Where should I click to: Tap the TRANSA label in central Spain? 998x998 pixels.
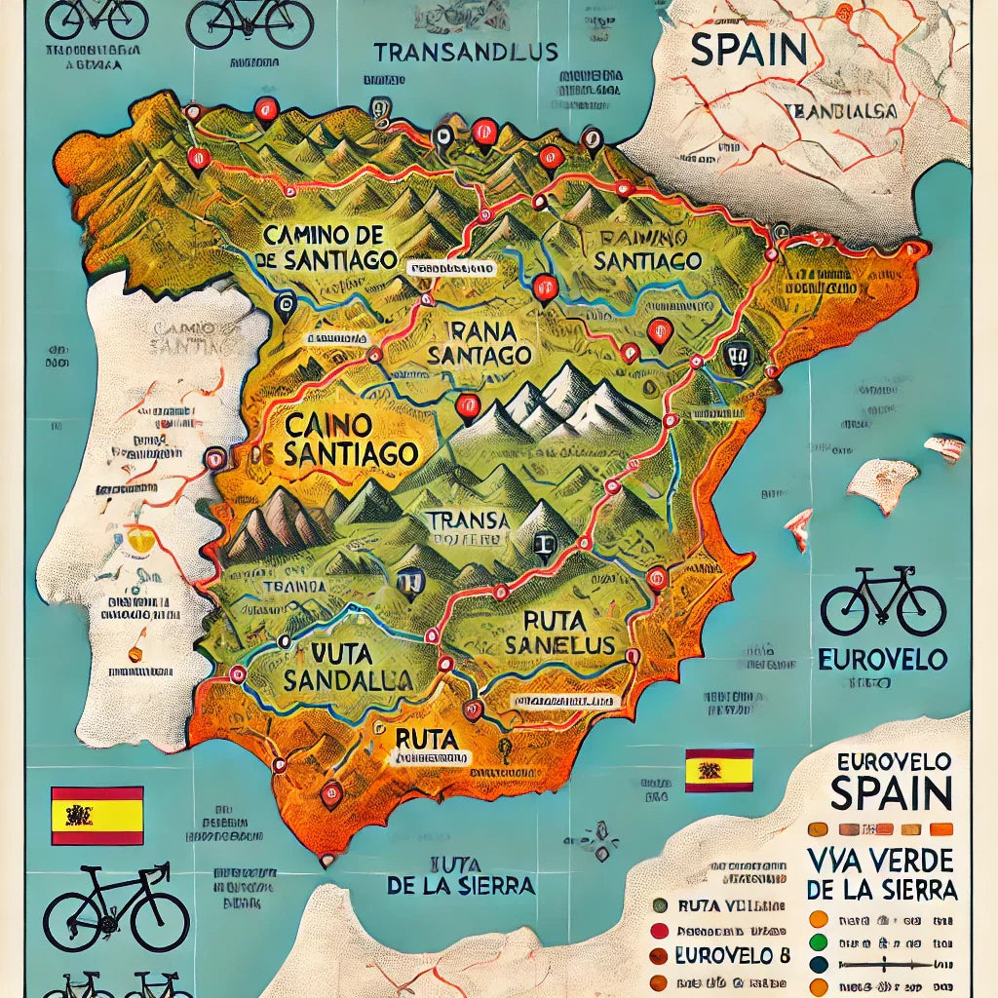pos(469,521)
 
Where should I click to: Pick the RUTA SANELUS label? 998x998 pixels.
pos(559,632)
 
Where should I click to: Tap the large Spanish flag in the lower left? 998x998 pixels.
pos(96,815)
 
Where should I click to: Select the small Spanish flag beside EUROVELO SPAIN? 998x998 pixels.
pos(719,770)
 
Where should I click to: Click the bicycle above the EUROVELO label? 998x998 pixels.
pos(883,601)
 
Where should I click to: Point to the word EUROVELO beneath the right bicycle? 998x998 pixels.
pos(883,660)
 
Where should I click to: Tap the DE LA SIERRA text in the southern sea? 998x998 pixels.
pos(460,885)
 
